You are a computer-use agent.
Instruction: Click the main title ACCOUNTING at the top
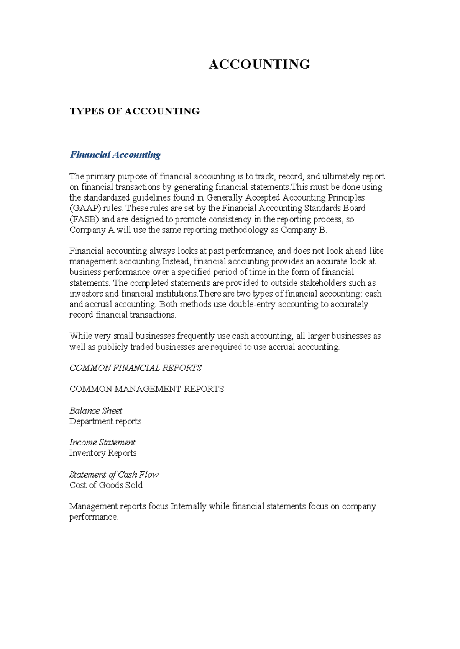pos(259,64)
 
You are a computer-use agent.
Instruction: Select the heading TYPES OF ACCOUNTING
pos(135,111)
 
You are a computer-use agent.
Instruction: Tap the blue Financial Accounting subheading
pos(115,155)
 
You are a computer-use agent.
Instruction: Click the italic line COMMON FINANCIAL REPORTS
pos(135,368)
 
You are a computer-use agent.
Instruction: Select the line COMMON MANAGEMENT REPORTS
pos(146,389)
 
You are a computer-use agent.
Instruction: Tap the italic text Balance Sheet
pos(96,411)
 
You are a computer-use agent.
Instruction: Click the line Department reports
pos(105,421)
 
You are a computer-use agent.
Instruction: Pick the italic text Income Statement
pos(102,442)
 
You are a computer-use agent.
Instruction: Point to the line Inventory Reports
pos(103,453)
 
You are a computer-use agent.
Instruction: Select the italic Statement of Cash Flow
pos(114,475)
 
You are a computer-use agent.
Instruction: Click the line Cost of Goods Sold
pos(106,485)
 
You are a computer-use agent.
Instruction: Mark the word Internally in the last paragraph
pos(188,506)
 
